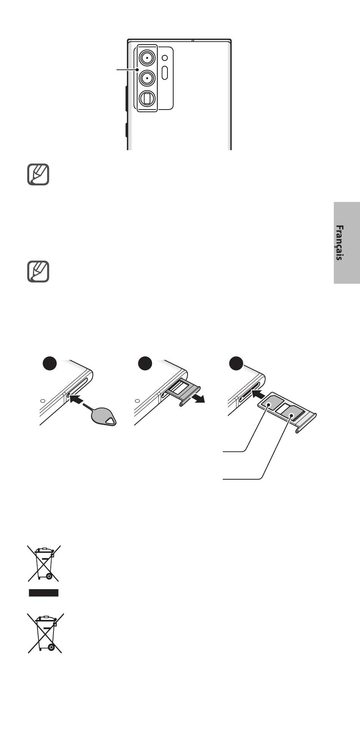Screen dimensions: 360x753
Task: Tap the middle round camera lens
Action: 147,78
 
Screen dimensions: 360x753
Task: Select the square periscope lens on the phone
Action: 147,99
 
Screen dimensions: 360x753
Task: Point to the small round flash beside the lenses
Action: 164,58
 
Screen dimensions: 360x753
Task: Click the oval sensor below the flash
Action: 164,72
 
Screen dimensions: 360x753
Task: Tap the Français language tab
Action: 347,243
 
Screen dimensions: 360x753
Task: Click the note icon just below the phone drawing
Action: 38,174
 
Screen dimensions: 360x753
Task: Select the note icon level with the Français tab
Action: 38,271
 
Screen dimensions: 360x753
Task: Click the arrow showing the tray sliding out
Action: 197,398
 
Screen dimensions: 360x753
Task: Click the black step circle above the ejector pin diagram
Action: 49,363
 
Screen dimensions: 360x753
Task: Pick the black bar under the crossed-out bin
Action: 44,593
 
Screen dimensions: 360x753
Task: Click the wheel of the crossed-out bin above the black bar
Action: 49,576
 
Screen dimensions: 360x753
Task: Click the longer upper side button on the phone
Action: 126,99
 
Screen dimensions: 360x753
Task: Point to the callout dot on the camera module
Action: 136,69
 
